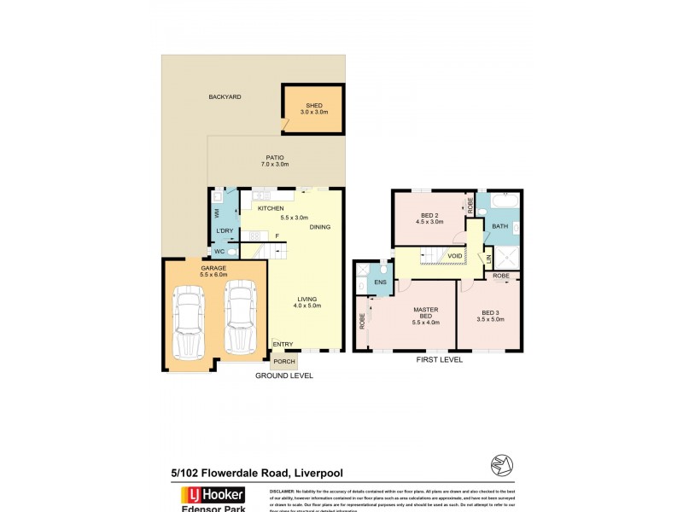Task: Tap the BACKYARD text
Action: click(225, 97)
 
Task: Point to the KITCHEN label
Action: click(271, 208)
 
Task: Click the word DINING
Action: click(319, 227)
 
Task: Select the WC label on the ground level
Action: click(219, 251)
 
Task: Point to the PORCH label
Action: click(283, 361)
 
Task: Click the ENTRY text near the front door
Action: click(283, 344)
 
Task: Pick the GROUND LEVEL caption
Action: click(284, 375)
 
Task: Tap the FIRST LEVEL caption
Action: click(438, 360)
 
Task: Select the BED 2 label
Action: click(430, 218)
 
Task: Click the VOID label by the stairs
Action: click(455, 255)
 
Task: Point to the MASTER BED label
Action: click(425, 315)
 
